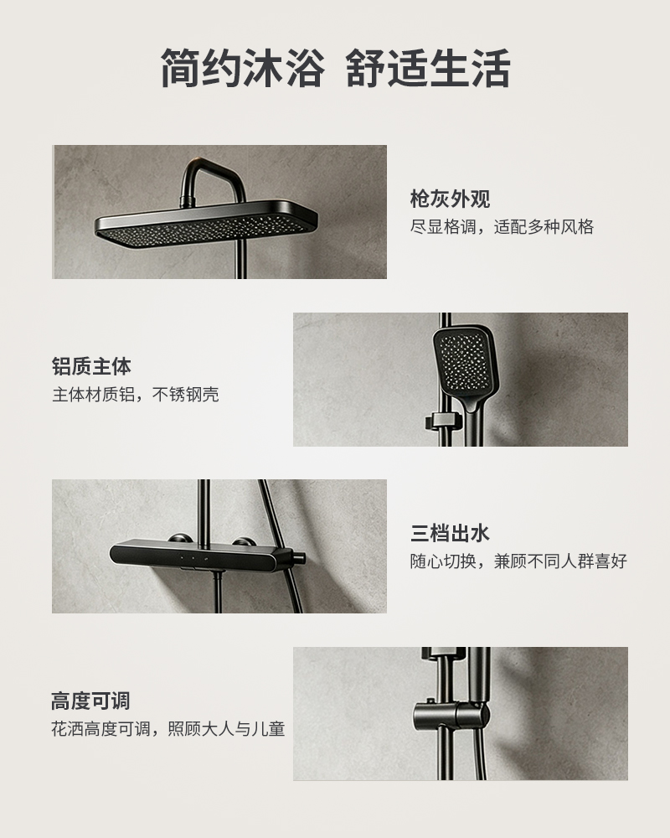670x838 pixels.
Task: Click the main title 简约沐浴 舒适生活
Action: tap(335, 68)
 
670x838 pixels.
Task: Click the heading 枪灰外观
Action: tap(450, 199)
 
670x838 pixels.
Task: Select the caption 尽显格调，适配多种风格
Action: tap(502, 227)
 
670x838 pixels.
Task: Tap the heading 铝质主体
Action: tap(91, 367)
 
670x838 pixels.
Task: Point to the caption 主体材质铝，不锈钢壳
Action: tap(135, 395)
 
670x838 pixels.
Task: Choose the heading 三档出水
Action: tap(450, 533)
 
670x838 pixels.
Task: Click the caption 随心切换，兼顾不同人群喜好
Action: tap(518, 561)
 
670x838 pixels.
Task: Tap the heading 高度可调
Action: tap(90, 701)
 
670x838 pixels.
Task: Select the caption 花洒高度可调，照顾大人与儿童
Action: tap(167, 728)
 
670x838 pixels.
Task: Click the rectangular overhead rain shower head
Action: tap(206, 224)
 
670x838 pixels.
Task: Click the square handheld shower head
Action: tap(466, 364)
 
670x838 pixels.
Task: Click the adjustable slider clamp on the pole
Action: tap(451, 717)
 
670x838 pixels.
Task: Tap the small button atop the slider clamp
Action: tap(429, 701)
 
